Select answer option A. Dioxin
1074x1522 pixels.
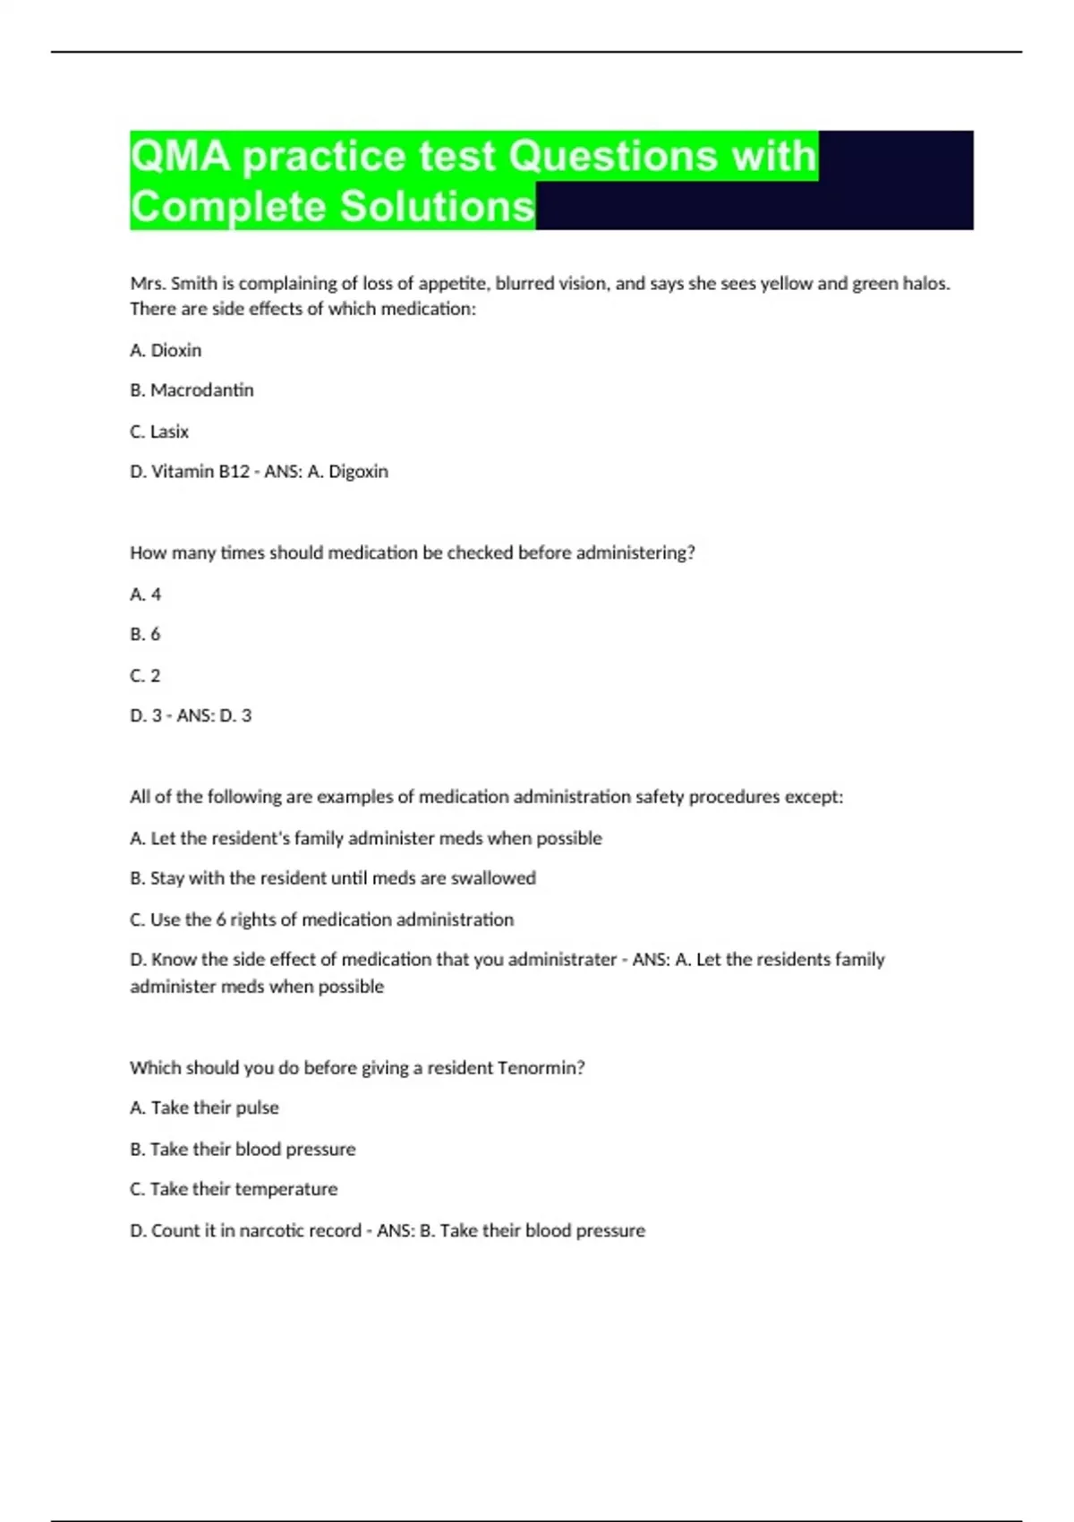166,350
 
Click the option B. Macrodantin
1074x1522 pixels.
192,390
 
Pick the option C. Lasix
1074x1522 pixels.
159,432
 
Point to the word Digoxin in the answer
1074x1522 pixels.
358,472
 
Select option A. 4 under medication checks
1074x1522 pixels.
146,594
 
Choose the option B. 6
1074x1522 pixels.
146,635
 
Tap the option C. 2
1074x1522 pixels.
146,676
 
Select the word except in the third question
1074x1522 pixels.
814,797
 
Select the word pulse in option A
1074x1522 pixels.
257,1108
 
